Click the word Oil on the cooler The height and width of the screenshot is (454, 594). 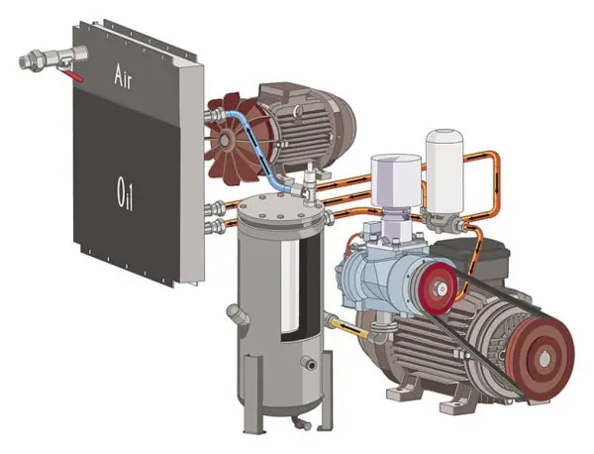click(125, 195)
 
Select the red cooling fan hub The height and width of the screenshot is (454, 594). click(224, 140)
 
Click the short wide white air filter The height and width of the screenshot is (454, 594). click(396, 176)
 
